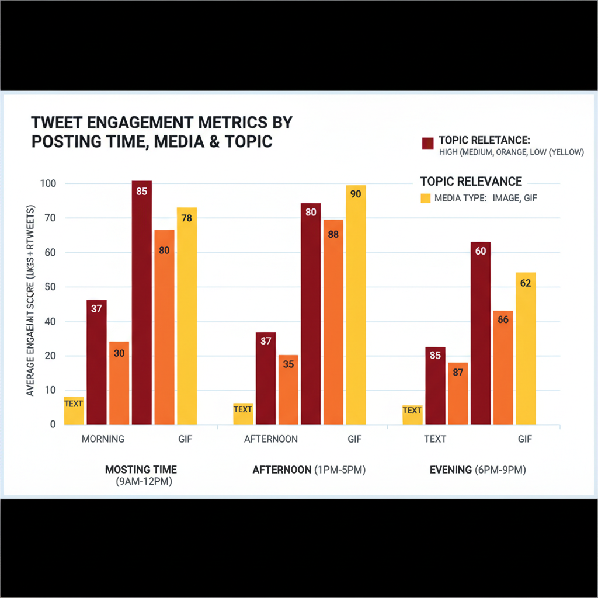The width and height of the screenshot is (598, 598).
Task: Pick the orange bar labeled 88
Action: (333, 322)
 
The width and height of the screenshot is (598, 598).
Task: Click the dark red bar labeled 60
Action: (481, 333)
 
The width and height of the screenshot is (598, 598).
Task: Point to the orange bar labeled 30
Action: (119, 383)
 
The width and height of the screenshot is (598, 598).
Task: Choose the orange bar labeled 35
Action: (288, 389)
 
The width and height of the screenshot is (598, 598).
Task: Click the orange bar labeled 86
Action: (503, 367)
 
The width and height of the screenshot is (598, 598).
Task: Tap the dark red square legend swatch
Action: (427, 142)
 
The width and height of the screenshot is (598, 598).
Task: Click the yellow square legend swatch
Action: (426, 199)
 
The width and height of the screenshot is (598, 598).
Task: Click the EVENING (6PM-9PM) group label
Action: (478, 470)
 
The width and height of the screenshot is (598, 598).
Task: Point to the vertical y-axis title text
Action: (31, 301)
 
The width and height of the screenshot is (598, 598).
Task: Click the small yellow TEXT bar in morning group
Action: (74, 410)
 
